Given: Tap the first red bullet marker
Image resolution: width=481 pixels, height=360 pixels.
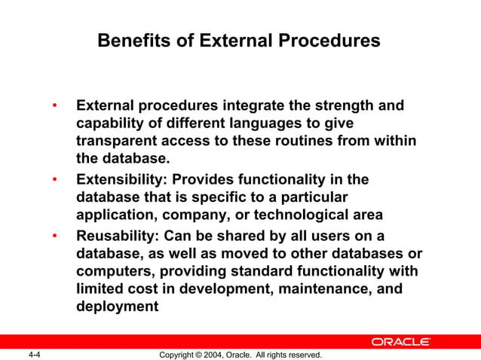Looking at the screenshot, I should tap(54, 105).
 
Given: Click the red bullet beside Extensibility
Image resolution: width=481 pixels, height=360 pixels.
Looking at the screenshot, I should tap(54, 179).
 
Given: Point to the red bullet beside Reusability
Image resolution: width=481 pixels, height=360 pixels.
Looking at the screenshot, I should tap(54, 235).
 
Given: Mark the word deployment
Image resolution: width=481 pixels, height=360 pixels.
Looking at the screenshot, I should tap(118, 307).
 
